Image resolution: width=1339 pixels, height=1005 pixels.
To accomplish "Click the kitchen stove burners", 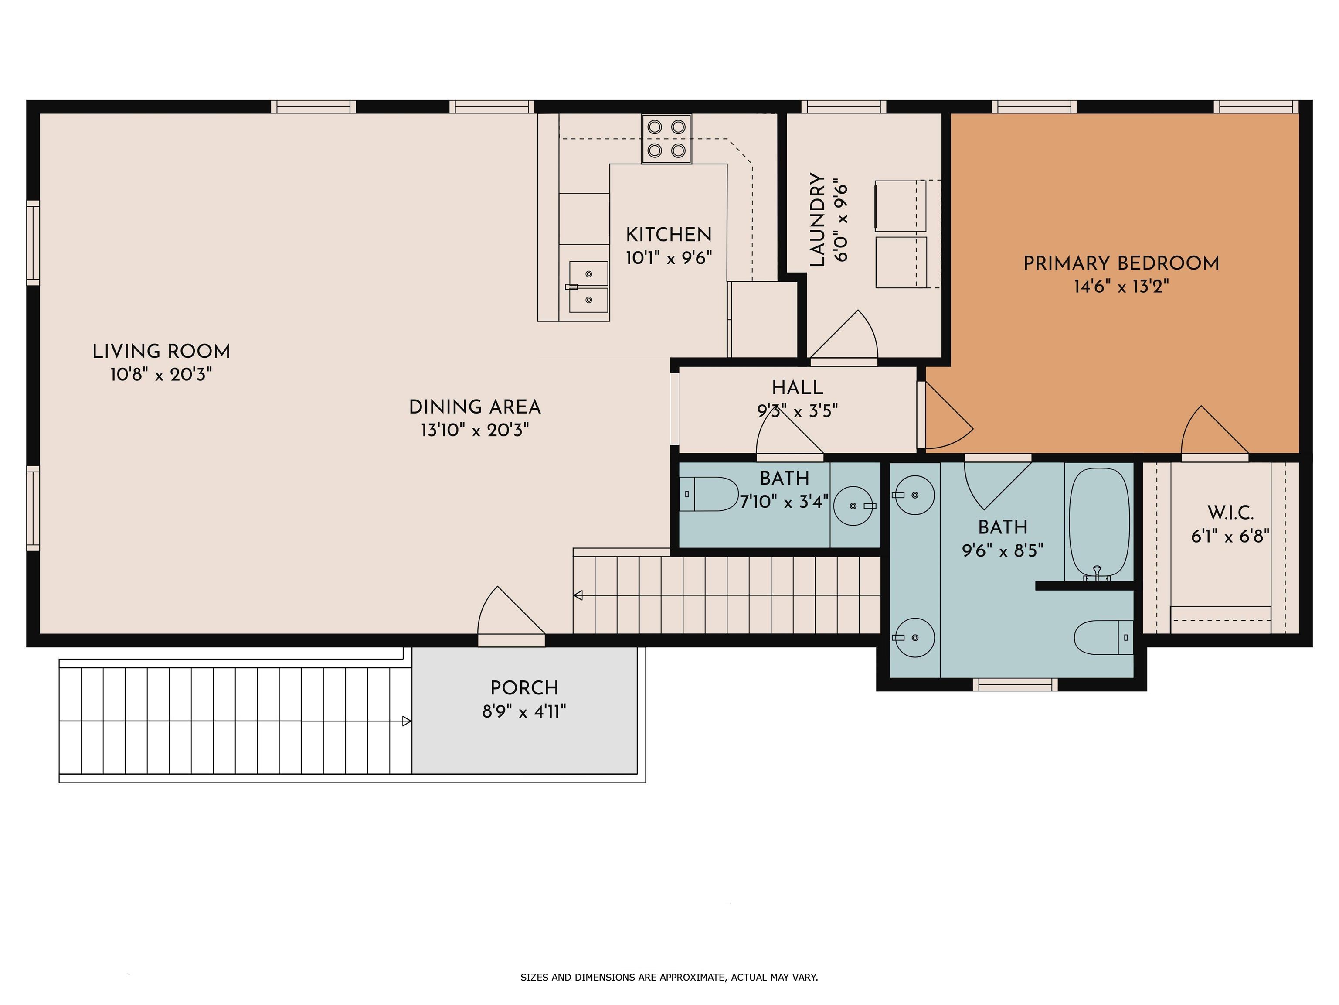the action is point(666,139).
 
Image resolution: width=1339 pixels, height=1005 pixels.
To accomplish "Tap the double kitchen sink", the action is point(588,287).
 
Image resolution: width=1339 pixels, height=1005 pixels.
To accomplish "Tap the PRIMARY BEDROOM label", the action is point(1121,263).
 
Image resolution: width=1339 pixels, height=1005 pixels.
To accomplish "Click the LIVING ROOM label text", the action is point(161,351).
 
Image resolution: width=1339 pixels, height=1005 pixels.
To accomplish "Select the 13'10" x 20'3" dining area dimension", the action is point(475,430).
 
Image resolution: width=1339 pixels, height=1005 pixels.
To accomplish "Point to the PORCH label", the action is point(524,688).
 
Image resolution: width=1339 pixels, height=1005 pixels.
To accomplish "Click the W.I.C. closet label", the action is point(1230,513).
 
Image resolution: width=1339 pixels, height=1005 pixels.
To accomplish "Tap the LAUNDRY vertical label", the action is point(818,220).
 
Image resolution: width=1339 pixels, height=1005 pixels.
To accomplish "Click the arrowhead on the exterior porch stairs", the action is point(407,721).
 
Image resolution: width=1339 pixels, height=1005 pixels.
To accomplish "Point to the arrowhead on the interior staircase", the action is point(578,595).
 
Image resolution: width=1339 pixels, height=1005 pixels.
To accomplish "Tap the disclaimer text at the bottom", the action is point(669,977).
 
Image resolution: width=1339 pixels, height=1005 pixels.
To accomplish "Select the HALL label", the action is point(797,388).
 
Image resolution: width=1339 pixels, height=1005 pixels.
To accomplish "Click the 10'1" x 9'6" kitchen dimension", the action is point(668,258).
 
